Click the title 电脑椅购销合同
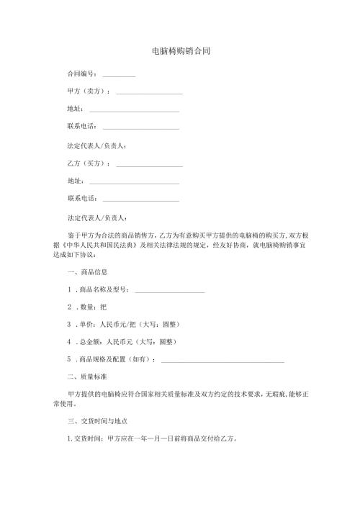pos(181,52)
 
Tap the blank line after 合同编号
pos(119,75)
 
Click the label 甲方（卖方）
pos(87,91)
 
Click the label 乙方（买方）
pos(87,163)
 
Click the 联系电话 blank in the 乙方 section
pos(141,199)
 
